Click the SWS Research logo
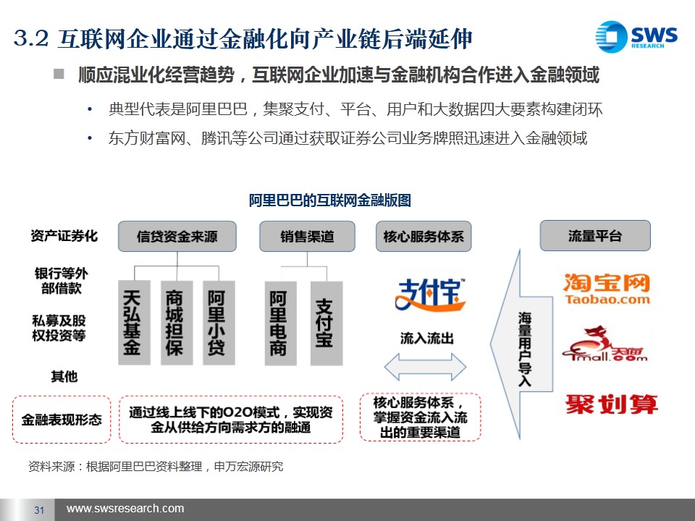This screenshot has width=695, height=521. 636,35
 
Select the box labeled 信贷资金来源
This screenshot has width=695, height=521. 177,236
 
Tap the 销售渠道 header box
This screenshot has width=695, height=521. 308,236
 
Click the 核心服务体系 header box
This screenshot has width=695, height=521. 424,236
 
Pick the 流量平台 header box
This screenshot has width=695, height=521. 595,235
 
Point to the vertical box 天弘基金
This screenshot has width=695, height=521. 132,322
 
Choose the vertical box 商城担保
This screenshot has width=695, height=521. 174,322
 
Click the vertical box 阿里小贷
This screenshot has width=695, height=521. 216,322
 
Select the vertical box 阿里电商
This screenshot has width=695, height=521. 278,323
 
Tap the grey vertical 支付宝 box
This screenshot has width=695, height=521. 324,323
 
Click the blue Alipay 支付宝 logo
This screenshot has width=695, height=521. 430,295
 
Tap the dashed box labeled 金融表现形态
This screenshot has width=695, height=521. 62,419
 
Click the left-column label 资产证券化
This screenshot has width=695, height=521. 64,236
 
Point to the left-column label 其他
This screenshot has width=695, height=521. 64,376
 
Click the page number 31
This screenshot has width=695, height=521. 40,510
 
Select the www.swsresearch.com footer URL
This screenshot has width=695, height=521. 125,509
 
